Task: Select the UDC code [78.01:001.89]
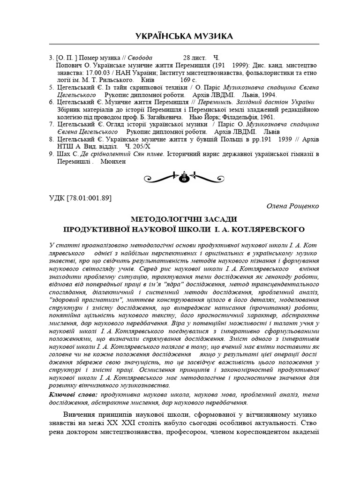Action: coord(80,197)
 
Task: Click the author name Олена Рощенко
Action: coord(292,206)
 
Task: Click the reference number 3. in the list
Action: coord(52,58)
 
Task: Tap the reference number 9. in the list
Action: coord(52,154)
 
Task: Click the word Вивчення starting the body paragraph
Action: coord(80,415)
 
